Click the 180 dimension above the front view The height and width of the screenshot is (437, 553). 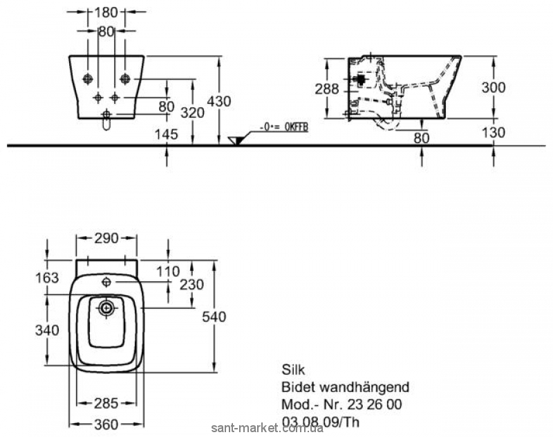coord(106,12)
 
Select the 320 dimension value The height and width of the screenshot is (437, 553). coord(195,113)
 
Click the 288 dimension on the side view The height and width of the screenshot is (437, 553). coord(326,89)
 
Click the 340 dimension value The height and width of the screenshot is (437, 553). coord(47,330)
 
